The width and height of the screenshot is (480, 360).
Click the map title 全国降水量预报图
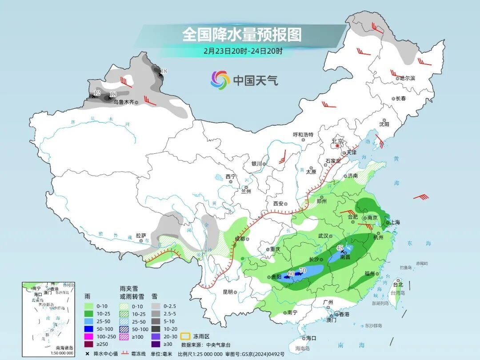click(242, 34)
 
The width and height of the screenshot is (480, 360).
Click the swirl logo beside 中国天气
click(220, 80)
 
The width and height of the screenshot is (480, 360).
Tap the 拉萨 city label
click(141, 236)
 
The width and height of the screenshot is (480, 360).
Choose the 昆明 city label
click(228, 292)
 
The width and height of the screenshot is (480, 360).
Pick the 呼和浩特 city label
click(303, 135)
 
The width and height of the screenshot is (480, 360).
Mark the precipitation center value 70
click(303, 270)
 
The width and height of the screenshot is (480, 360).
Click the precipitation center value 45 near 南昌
click(340, 248)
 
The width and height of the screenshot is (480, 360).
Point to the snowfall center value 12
click(96, 93)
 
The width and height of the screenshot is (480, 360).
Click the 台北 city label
click(398, 285)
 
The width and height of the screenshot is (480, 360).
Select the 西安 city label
click(278, 204)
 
